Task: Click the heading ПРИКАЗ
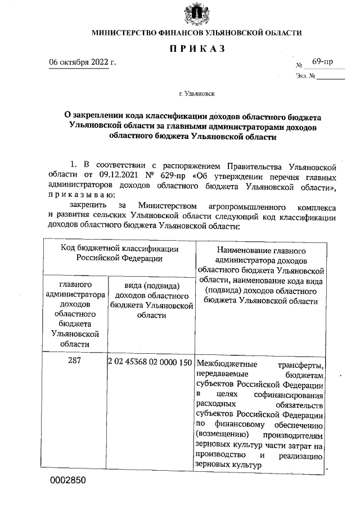[x=197, y=49]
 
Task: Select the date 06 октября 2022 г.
[x=83, y=62]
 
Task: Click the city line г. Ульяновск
[x=196, y=97]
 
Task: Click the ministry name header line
[x=197, y=33]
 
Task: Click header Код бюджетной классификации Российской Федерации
[x=120, y=253]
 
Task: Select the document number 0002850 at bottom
[x=69, y=481]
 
